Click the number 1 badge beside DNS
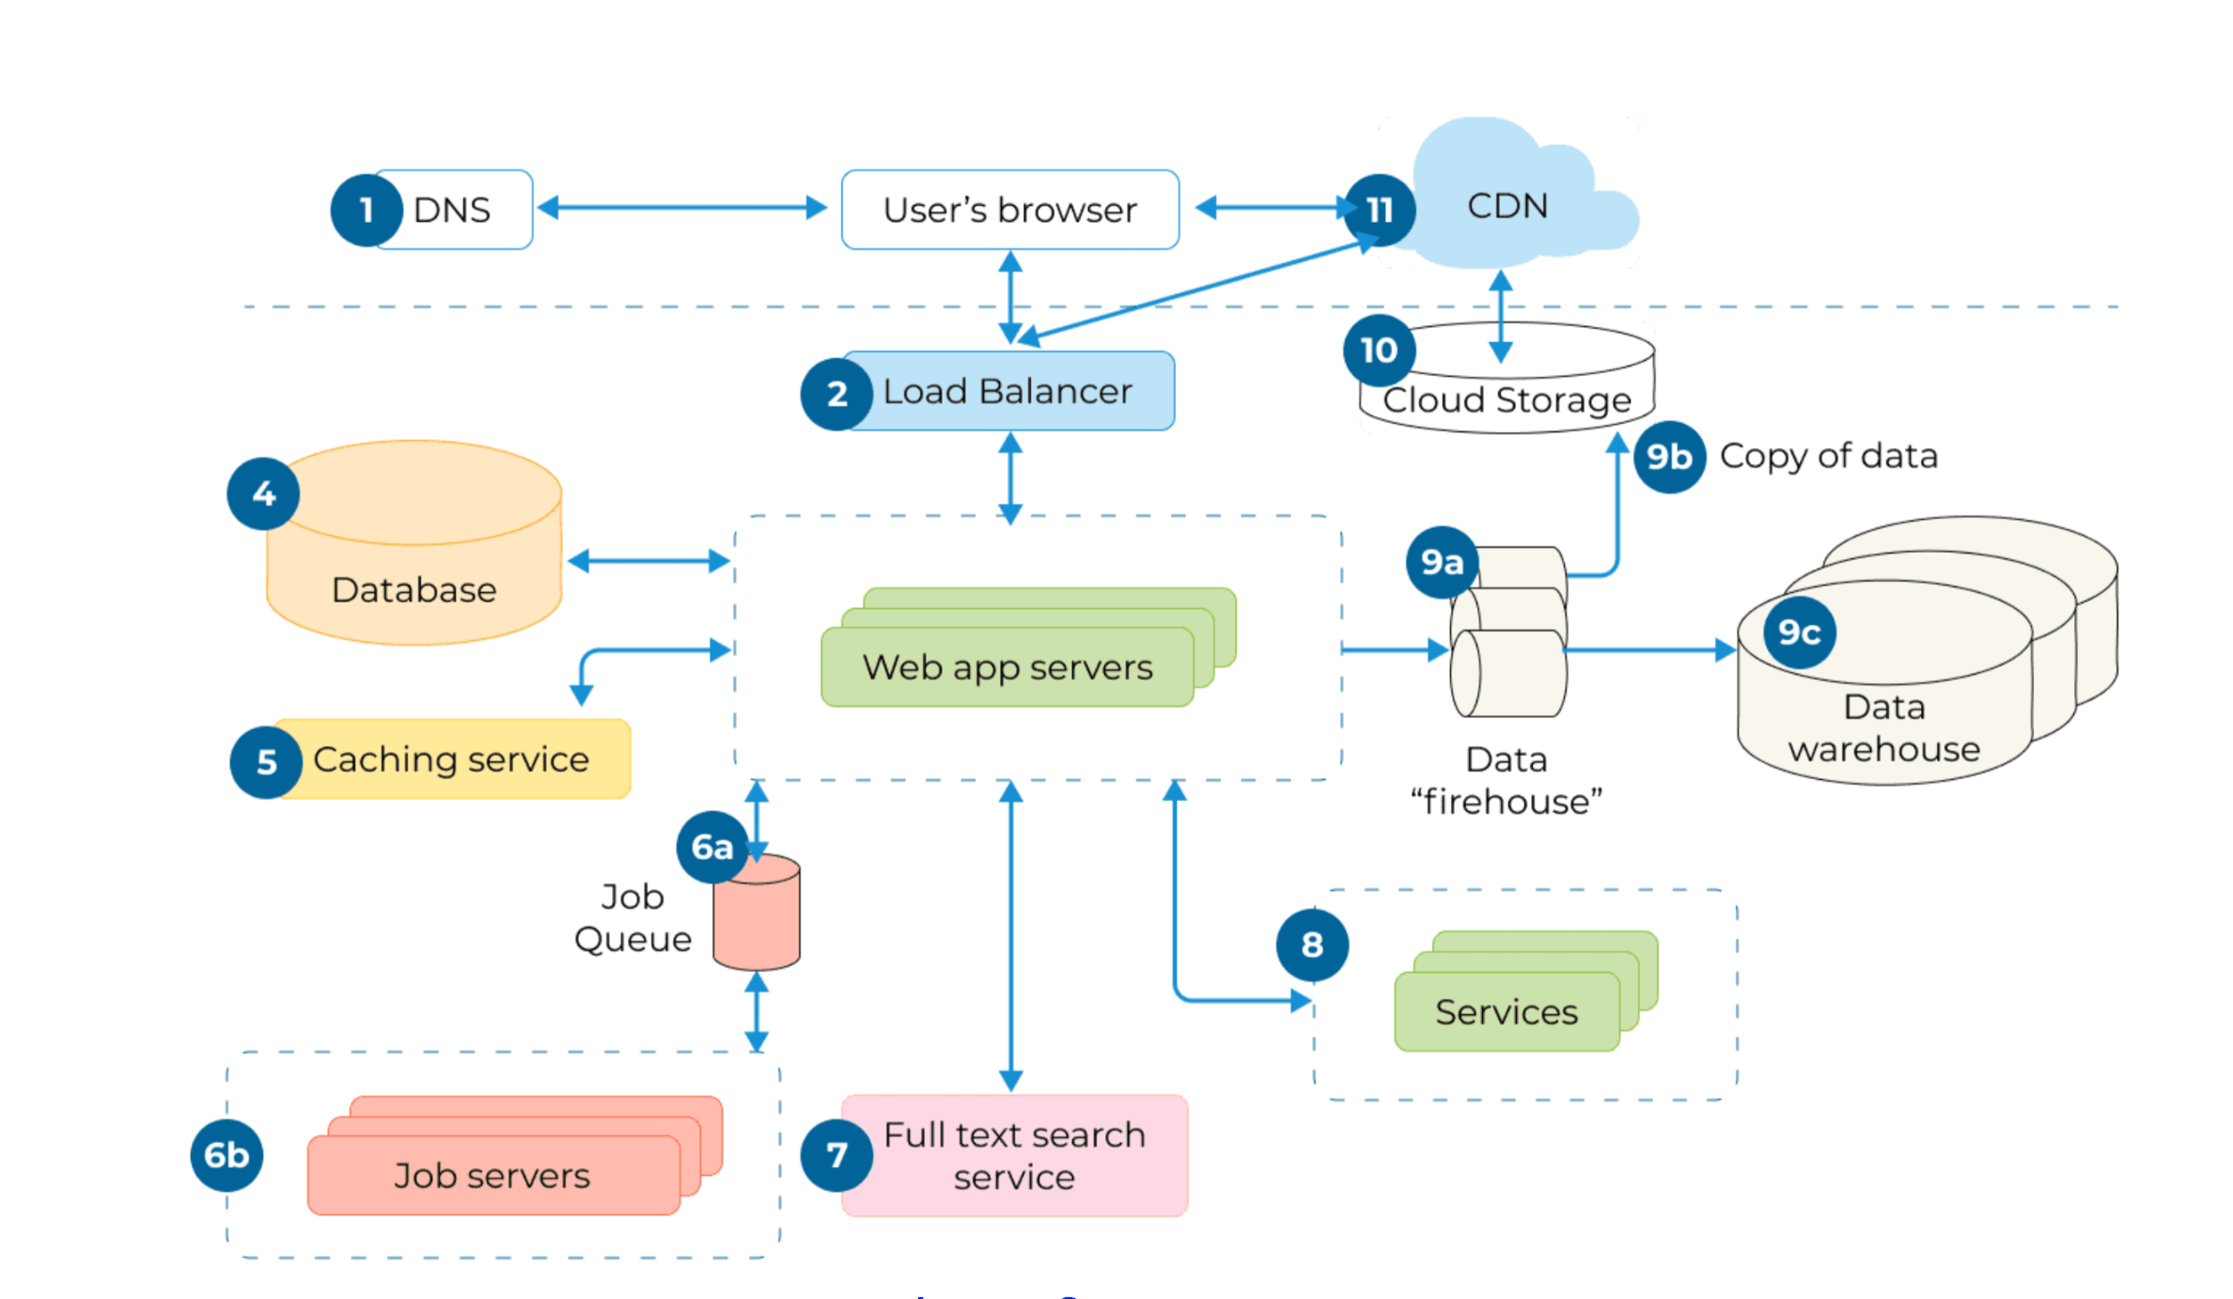pyautogui.click(x=367, y=210)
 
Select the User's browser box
pyautogui.click(x=1009, y=210)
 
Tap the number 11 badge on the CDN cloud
pyautogui.click(x=1379, y=210)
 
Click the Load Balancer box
pyautogui.click(x=1007, y=391)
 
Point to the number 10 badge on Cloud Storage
pyautogui.click(x=1379, y=351)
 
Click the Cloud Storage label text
pyautogui.click(x=1507, y=400)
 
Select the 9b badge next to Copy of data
pyautogui.click(x=1669, y=457)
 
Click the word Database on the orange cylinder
pyautogui.click(x=414, y=590)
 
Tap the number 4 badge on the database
pyautogui.click(x=263, y=493)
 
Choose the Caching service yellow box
pyautogui.click(x=451, y=759)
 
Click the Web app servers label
pyautogui.click(x=1007, y=667)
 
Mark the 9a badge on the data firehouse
pyautogui.click(x=1442, y=562)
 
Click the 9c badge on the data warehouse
pyautogui.click(x=1799, y=633)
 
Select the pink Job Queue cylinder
pyautogui.click(x=757, y=916)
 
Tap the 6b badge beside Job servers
pyautogui.click(x=226, y=1155)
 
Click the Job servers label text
pyautogui.click(x=492, y=1176)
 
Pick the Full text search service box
pyautogui.click(x=1015, y=1156)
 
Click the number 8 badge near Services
pyautogui.click(x=1312, y=945)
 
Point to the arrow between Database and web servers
pyautogui.click(x=648, y=561)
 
